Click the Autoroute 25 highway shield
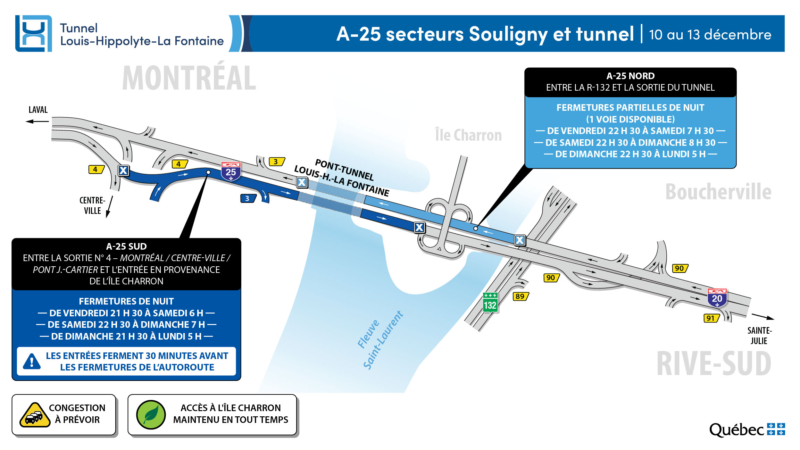coord(231,172)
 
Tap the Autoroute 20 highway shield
coord(717,298)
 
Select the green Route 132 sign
coord(490,303)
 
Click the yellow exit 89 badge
coord(520,296)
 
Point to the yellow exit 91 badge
coord(711,318)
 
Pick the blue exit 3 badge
coord(248,198)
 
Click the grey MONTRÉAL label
coord(189,78)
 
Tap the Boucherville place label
coord(718,192)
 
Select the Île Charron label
coord(468,135)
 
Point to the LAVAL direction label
coord(38,110)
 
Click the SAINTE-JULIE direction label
coord(759,335)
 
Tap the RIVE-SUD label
coord(714,364)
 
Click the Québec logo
coord(747,430)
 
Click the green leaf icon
coord(151,415)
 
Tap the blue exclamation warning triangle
coord(32,361)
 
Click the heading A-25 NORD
coord(630,76)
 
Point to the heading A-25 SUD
coord(126,247)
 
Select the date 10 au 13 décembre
coord(710,34)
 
